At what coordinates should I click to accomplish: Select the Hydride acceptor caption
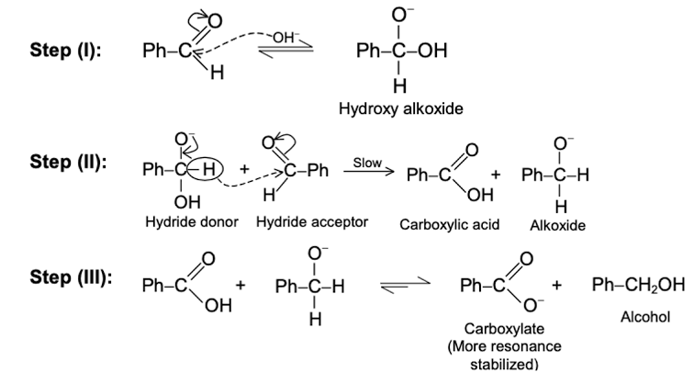(312, 221)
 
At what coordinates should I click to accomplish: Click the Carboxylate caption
(502, 328)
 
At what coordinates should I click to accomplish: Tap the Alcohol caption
(644, 317)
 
